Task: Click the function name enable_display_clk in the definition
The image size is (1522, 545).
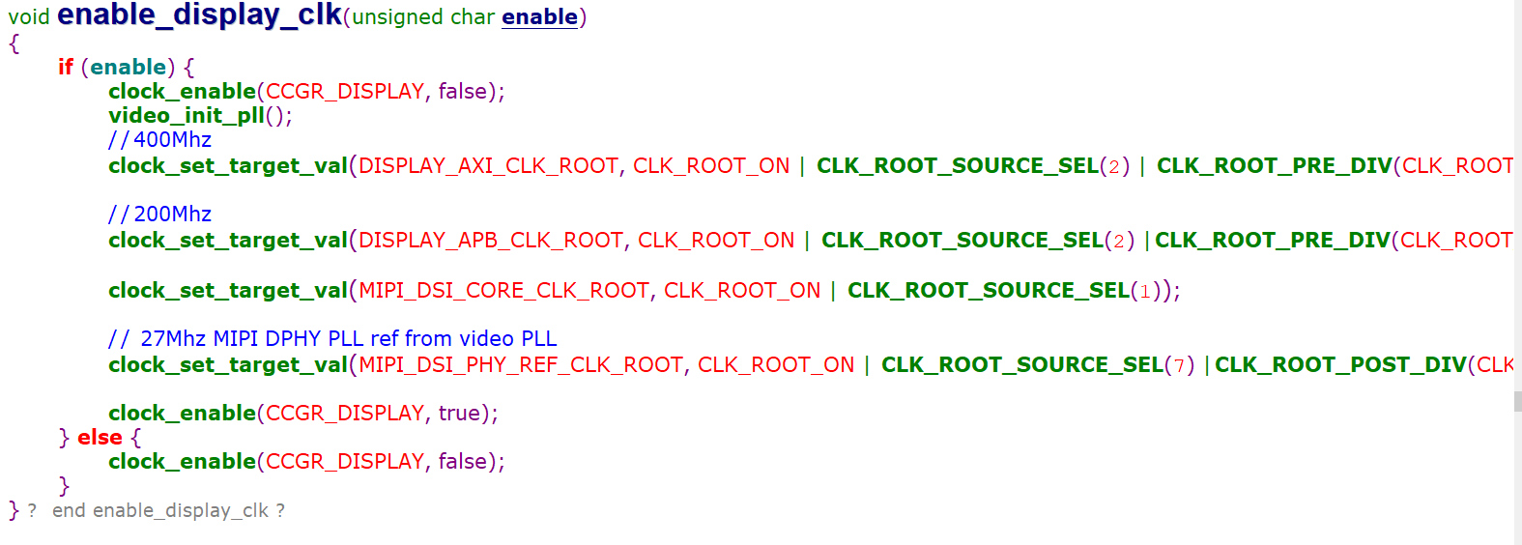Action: [199, 15]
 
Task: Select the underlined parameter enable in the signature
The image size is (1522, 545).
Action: [539, 17]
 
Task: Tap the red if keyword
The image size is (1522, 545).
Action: [66, 67]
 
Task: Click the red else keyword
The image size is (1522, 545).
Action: [100, 437]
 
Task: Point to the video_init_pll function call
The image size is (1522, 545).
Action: [187, 115]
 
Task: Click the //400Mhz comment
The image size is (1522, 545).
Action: [159, 140]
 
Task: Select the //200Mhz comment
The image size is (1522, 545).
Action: [159, 214]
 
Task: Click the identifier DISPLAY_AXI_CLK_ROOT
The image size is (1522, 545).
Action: [488, 165]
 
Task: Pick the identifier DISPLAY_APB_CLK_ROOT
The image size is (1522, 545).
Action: [491, 240]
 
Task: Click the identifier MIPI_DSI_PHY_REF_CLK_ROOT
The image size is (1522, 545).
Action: [521, 364]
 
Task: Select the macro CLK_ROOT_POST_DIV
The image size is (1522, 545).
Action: [1339, 364]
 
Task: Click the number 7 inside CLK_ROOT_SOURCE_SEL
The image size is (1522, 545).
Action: [1179, 365]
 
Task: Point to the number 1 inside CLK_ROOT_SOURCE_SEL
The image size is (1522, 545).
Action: [1145, 291]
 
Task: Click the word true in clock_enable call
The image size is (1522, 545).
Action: [459, 413]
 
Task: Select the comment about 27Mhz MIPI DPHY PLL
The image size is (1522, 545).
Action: [332, 338]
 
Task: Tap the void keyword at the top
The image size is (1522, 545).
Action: [29, 17]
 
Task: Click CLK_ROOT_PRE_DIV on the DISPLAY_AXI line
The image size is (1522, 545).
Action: [1274, 165]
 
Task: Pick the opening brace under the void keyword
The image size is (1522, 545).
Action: [14, 43]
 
